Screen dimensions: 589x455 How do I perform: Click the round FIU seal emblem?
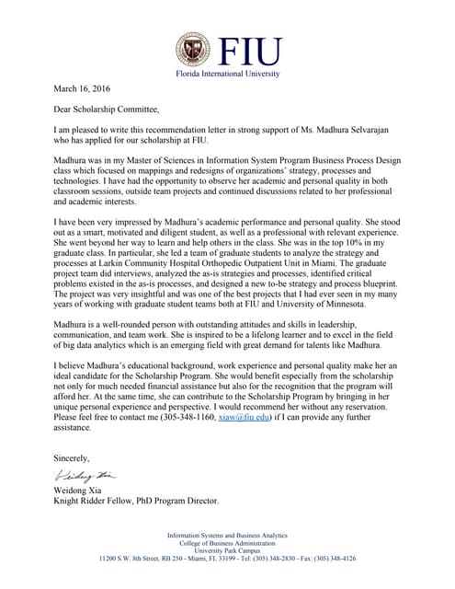pyautogui.click(x=194, y=50)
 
